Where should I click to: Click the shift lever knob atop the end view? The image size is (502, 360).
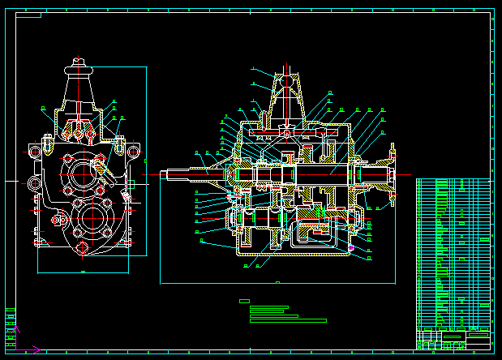(x=78, y=60)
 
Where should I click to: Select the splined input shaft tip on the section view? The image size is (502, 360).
(x=174, y=173)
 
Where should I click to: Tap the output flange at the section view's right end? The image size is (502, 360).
(x=393, y=174)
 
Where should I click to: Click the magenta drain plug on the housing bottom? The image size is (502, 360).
(x=351, y=247)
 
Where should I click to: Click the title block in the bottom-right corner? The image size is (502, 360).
(x=453, y=338)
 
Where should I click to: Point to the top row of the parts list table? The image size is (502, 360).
(x=453, y=181)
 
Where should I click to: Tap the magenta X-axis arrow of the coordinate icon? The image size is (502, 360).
(x=36, y=349)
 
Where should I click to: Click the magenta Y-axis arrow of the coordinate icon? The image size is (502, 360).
(x=15, y=329)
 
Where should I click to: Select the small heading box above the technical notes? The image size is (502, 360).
(x=244, y=301)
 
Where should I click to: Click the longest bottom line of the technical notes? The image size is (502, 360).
(x=288, y=320)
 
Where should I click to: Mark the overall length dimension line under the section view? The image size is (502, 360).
(x=278, y=284)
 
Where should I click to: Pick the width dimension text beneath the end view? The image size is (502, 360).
(x=83, y=272)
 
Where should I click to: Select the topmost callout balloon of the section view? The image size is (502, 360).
(x=253, y=70)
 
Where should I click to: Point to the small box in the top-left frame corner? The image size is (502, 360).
(x=28, y=14)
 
